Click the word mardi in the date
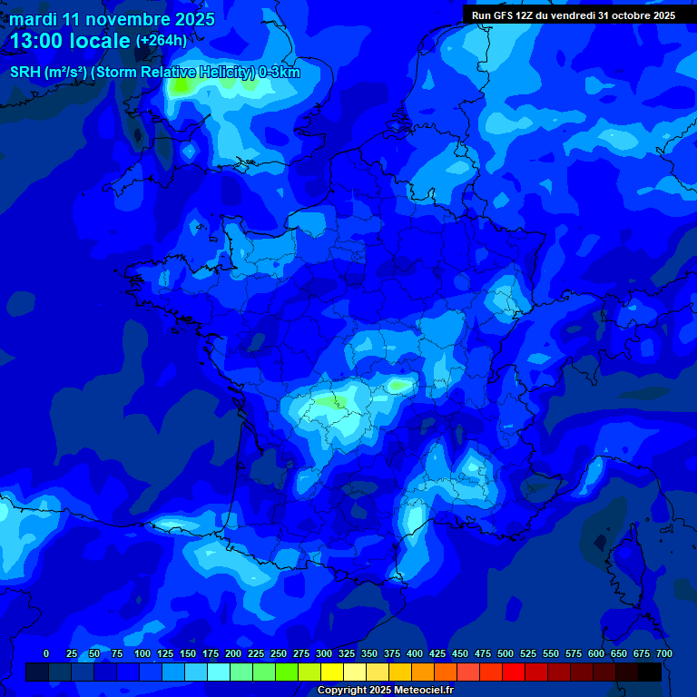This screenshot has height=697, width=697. (34, 19)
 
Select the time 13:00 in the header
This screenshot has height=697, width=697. (40, 41)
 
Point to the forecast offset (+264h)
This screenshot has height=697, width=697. (161, 41)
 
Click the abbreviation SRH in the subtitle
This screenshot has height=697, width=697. (25, 73)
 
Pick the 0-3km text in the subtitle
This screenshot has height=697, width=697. (280, 73)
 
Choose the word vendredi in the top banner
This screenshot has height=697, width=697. (566, 15)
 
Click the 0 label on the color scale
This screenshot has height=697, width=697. (46, 653)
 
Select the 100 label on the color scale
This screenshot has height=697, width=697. (142, 653)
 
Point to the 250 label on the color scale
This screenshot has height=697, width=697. (279, 653)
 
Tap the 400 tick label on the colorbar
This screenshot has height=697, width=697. (415, 653)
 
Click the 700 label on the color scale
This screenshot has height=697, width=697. (663, 653)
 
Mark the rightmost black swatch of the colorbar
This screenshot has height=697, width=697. (650, 672)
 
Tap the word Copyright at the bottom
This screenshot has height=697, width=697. (343, 690)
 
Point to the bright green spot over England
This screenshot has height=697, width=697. (181, 86)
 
